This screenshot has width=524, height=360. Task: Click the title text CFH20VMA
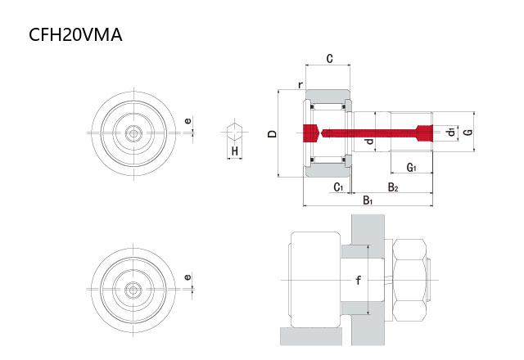click(x=75, y=35)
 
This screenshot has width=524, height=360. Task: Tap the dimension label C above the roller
click(x=328, y=58)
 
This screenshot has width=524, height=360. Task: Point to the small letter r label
click(x=300, y=84)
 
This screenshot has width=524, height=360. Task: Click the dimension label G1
click(x=412, y=168)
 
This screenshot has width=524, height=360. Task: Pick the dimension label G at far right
click(x=466, y=131)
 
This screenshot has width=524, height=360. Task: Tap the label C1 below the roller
click(x=338, y=187)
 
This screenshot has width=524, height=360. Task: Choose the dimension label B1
click(x=368, y=200)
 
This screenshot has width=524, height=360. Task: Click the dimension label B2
click(x=393, y=187)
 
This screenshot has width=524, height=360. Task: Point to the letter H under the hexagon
click(x=234, y=151)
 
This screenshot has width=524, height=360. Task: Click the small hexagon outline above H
click(x=235, y=131)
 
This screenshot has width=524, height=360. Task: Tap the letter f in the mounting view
click(x=357, y=281)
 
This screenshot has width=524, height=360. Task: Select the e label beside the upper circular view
click(x=187, y=122)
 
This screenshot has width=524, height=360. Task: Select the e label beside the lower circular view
click(x=187, y=277)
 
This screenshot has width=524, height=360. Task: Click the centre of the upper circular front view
click(x=132, y=132)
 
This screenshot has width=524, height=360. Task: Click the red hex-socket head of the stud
click(x=309, y=132)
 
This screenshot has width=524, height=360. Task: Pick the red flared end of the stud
click(x=423, y=132)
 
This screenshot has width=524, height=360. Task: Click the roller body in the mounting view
click(x=314, y=281)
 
